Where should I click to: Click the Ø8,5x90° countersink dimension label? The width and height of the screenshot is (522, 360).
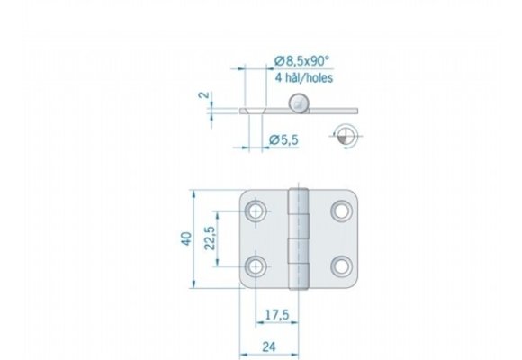coord(302,61)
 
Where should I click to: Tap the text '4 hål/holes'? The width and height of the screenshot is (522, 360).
coord(304,78)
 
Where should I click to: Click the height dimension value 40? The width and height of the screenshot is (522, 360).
coord(185,239)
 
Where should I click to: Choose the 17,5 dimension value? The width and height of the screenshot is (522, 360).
coord(275,314)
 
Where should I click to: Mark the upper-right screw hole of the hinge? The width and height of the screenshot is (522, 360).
coord(341,211)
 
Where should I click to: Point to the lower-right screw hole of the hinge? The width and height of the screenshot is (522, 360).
coord(341,266)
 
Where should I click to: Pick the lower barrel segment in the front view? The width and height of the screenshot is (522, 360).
coord(299,265)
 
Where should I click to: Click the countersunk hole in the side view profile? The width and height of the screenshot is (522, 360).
coord(257,110)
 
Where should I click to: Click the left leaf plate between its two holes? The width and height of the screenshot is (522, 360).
coord(261,239)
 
